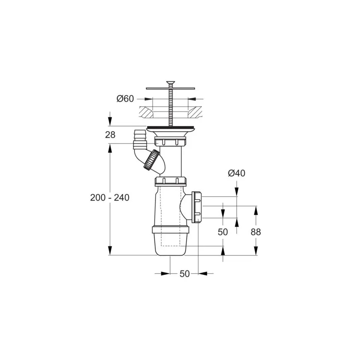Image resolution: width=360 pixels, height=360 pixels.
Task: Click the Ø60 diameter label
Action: point(125,99)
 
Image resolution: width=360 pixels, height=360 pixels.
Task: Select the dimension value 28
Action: point(110,135)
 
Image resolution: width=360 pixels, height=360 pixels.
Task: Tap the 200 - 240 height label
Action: point(109,198)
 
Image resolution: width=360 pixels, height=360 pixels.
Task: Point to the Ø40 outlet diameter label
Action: point(236,173)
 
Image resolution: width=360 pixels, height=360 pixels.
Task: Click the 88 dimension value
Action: point(255,232)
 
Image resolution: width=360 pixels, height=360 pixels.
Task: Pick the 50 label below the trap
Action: point(185,274)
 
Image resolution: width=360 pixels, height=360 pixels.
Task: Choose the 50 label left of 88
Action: point(223,232)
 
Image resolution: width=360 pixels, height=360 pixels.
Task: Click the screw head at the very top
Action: point(170,83)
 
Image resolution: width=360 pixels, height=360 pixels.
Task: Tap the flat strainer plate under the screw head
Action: point(170,88)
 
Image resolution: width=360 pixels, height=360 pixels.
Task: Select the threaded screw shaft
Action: point(170,108)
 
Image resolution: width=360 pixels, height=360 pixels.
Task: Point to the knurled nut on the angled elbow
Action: point(151,161)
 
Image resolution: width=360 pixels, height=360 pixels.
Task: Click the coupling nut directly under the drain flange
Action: point(170,142)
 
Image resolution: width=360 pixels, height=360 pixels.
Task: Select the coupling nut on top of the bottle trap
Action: point(171,181)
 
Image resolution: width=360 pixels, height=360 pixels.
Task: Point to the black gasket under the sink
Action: point(170,127)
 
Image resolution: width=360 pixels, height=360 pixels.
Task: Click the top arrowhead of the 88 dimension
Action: point(255,209)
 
